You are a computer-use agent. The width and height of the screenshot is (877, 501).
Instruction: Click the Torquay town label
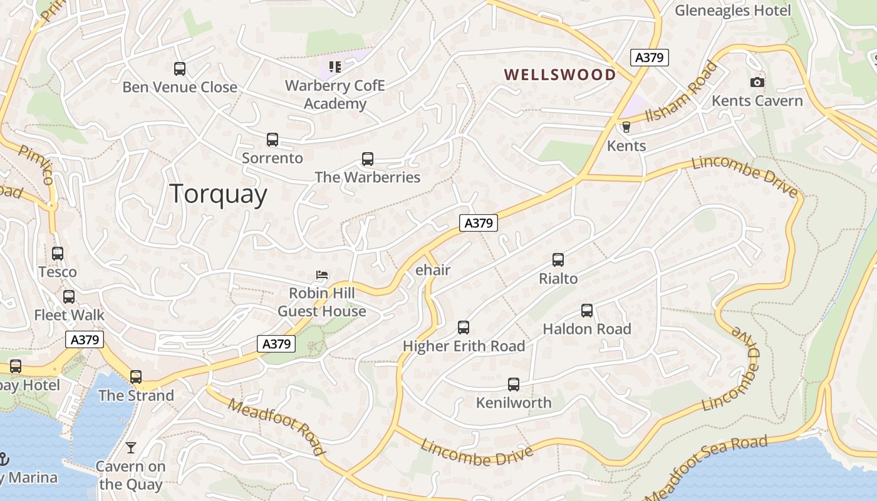point(218,194)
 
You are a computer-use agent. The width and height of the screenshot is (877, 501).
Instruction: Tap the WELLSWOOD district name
point(560,75)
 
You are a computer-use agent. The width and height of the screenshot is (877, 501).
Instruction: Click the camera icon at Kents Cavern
point(757,83)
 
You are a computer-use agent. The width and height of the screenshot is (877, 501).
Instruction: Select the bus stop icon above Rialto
point(558,260)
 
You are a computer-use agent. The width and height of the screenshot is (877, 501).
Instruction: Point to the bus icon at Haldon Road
point(586,311)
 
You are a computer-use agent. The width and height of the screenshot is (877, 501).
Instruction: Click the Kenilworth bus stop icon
point(514,385)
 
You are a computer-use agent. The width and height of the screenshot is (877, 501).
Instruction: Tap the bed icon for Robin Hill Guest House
point(322,275)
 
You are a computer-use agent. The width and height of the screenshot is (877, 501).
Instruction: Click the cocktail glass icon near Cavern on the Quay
point(130,448)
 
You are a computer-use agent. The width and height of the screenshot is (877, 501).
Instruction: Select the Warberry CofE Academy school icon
point(335,66)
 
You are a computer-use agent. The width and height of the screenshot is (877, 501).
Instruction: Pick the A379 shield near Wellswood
point(649,58)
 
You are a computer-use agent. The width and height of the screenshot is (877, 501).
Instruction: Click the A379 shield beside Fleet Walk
point(84,340)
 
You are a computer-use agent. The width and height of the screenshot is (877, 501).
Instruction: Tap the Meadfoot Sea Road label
point(705,467)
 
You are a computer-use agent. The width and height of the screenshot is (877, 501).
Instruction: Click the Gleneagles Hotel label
point(732,11)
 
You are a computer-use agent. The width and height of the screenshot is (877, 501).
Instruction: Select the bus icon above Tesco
point(58,254)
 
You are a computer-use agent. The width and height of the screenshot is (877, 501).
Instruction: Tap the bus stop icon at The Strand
point(136,377)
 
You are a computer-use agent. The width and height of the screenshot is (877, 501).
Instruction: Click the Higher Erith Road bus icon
point(463,328)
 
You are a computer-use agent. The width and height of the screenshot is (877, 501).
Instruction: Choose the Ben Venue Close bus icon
point(180,69)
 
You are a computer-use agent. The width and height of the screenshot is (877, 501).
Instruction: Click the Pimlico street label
point(36,164)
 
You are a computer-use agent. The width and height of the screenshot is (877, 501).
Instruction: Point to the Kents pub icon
point(625,127)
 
